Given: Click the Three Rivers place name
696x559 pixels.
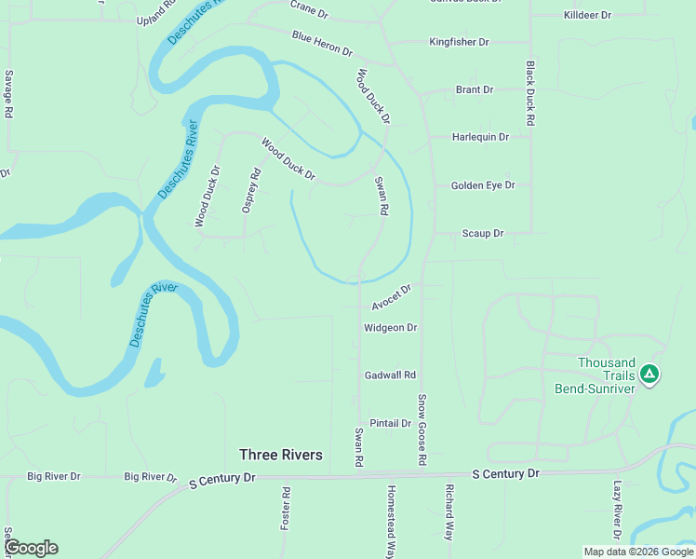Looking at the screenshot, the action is [x=281, y=455].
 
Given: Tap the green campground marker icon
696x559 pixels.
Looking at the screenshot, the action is [x=649, y=375].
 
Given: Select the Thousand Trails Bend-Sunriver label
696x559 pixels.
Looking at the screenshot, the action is [x=606, y=375].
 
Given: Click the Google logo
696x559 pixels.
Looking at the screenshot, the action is [x=31, y=548].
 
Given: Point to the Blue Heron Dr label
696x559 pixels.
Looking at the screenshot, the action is [x=322, y=43].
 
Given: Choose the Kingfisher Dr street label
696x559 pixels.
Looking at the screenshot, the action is [x=472, y=42].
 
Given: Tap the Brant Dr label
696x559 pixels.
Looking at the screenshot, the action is [x=475, y=89].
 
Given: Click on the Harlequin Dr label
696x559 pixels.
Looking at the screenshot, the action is [x=480, y=137].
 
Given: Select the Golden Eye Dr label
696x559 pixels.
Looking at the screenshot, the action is [x=483, y=185].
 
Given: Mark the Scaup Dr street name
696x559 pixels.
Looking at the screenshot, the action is [x=483, y=233].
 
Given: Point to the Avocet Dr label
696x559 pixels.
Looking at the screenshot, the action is [x=391, y=298].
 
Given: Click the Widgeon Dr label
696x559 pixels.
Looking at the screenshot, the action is [x=390, y=327].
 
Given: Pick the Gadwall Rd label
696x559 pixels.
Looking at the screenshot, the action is [x=390, y=375].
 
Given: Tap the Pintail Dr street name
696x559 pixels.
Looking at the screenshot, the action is [x=391, y=423].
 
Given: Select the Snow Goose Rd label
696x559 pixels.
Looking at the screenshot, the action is [x=422, y=429].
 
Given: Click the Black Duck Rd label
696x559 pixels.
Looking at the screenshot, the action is [x=529, y=94].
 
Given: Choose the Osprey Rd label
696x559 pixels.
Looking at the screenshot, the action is [x=251, y=190].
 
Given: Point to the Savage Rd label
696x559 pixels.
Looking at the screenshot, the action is [x=8, y=93].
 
